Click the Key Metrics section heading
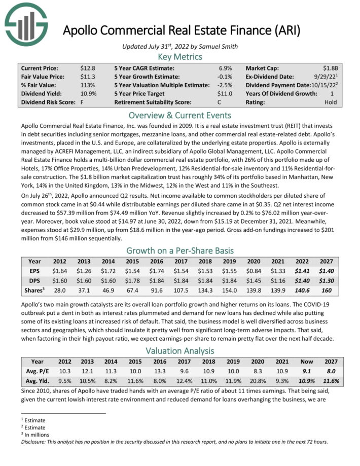pyautogui.click(x=180, y=56)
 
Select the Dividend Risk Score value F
pyautogui.click(x=82, y=102)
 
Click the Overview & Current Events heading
pyautogui.click(x=180, y=115)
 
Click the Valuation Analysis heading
pyautogui.click(x=180, y=350)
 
